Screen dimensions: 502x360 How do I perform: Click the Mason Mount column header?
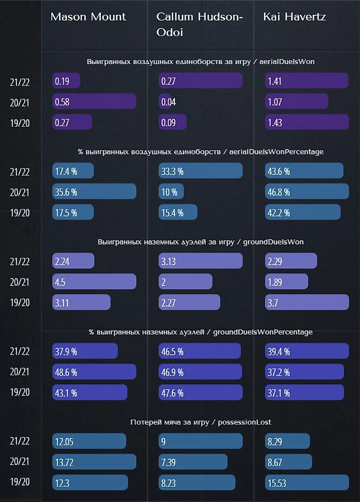tap(88, 17)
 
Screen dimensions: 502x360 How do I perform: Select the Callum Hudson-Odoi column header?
tap(199, 23)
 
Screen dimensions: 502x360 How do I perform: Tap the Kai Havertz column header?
tap(294, 17)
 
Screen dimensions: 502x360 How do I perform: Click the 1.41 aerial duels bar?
tap(306, 81)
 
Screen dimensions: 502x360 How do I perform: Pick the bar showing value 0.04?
tap(165, 102)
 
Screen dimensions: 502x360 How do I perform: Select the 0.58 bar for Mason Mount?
tap(94, 102)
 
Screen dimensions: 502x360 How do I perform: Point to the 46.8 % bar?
tap(306, 191)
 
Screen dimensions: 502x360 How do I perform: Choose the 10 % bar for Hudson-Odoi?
tap(171, 191)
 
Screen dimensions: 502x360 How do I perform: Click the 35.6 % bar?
tap(94, 191)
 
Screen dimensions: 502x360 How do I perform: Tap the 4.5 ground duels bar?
tap(94, 282)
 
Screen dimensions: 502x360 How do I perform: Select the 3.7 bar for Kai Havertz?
tap(306, 302)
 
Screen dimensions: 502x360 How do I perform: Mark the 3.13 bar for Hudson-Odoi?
tap(200, 261)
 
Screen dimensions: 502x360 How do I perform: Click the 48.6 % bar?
tap(94, 372)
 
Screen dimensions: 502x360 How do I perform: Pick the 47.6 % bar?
tap(200, 393)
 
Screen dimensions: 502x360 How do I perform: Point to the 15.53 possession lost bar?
tap(306, 482)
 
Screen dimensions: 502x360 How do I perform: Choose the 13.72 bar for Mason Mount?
tap(94, 462)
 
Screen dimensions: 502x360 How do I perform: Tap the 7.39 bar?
tap(193, 462)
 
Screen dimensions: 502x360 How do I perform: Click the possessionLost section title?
tap(201, 422)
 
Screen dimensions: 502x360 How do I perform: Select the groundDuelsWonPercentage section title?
tap(201, 332)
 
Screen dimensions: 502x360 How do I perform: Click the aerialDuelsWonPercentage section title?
tap(201, 151)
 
